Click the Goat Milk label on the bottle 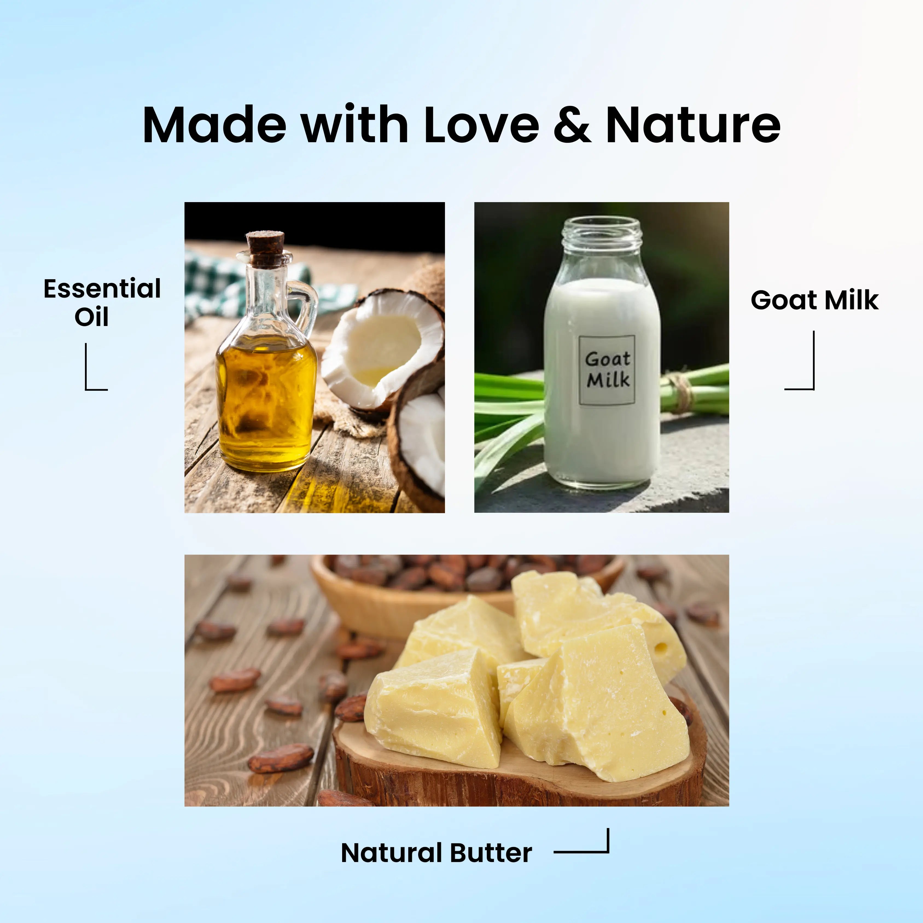pyautogui.click(x=607, y=370)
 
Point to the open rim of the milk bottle pyautogui.click(x=601, y=228)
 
